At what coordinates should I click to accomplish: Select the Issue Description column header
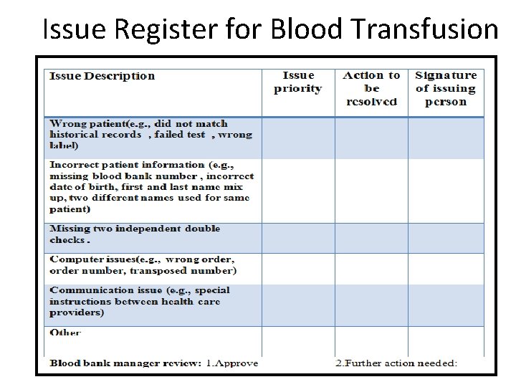tap(102, 76)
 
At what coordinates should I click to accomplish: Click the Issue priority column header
tap(297, 82)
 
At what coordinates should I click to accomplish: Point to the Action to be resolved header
tap(371, 88)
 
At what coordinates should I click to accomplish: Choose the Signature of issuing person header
tap(446, 88)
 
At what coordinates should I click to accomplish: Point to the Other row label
tap(65, 333)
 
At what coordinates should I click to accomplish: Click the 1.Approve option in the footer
tap(232, 363)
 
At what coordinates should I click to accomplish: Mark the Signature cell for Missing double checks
tap(446, 236)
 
